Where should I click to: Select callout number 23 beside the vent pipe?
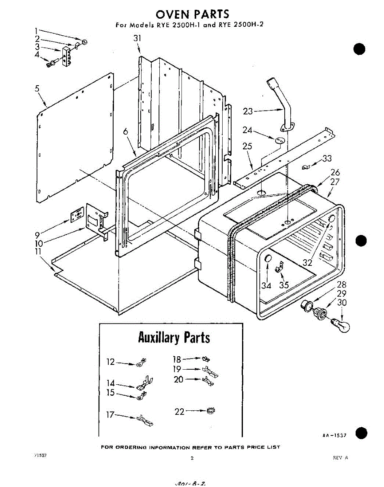pos(248,111)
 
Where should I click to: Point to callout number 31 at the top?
pos(137,38)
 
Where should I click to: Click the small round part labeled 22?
pos(210,412)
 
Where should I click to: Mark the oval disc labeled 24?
pos(279,140)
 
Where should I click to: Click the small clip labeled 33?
pos(307,166)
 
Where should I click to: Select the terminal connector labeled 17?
pos(144,420)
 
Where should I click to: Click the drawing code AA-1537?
pos(335,435)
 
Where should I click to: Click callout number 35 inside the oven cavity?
pos(284,285)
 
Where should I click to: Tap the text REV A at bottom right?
pos(340,457)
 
